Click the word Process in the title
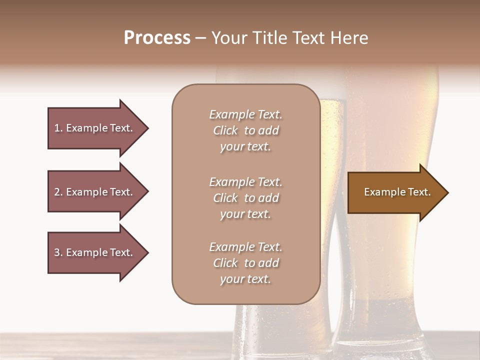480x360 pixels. [x=157, y=38]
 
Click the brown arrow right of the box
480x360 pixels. [x=395, y=192]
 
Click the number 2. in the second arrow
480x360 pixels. [x=58, y=192]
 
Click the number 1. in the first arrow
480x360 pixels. [x=58, y=128]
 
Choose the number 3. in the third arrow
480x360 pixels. [x=58, y=252]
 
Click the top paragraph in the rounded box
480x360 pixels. [x=245, y=130]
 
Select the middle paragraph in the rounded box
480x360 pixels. [x=245, y=198]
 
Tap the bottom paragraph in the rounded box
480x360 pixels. [x=245, y=263]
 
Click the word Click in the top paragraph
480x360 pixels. [x=225, y=130]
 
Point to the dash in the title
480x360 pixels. [x=200, y=38]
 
